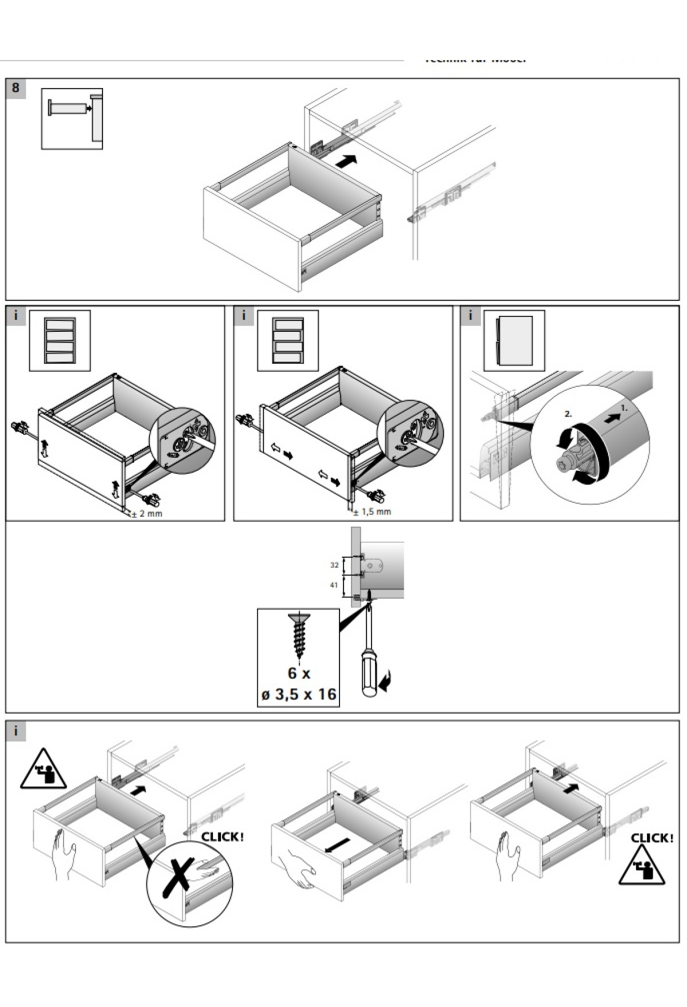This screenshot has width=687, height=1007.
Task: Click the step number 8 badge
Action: (x=15, y=88)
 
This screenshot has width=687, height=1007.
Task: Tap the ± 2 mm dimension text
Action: (x=147, y=514)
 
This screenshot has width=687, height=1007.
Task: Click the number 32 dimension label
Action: (x=334, y=565)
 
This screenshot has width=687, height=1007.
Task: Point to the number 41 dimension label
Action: (x=334, y=585)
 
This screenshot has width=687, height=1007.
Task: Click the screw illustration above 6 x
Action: (x=299, y=636)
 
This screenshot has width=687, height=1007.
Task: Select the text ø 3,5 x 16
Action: (x=298, y=695)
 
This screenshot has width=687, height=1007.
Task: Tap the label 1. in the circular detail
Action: (x=624, y=409)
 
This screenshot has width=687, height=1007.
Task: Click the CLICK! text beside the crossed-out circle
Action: (x=222, y=837)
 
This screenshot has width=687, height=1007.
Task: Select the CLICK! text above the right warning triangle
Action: (x=652, y=838)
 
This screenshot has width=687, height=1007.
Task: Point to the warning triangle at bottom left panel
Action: (x=43, y=770)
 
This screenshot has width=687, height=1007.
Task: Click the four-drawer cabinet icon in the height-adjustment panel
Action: (x=60, y=341)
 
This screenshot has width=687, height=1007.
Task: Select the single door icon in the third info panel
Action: (x=514, y=341)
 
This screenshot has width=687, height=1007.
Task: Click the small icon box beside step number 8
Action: (x=72, y=119)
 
